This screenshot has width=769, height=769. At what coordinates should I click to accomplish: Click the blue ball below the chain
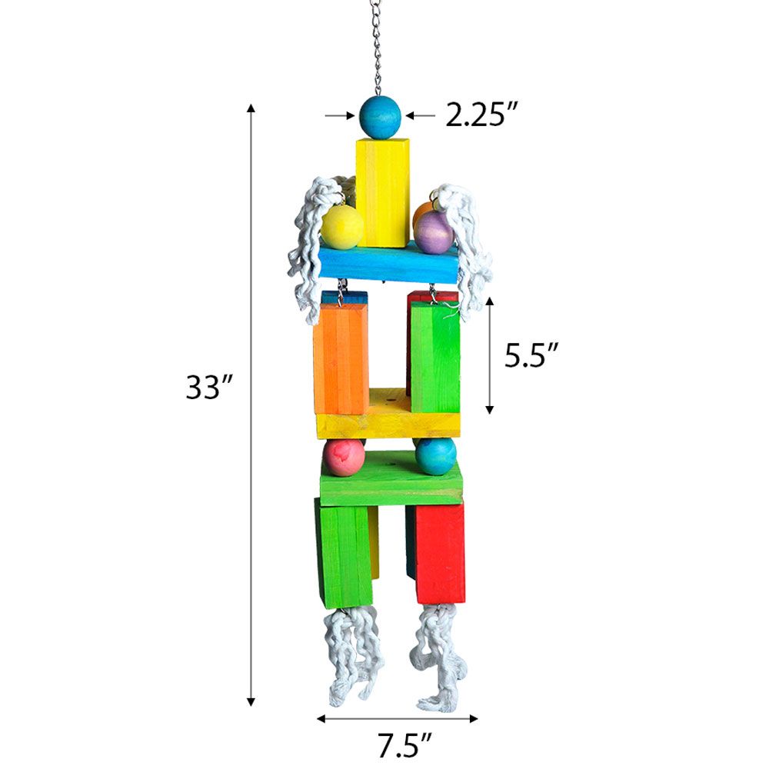380,118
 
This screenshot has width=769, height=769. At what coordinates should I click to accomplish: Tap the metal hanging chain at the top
377,46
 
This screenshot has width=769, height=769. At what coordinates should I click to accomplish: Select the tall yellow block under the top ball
381,192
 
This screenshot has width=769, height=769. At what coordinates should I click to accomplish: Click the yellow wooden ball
341,227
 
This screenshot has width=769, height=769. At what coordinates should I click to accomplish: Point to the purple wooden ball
434,232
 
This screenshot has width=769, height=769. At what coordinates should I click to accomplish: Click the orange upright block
341,358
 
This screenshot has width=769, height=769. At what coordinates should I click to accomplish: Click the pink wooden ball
343,458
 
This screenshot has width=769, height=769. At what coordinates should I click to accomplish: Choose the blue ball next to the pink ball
436,457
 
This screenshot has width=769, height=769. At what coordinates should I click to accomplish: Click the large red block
440,552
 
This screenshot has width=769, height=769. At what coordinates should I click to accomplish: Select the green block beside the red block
344,555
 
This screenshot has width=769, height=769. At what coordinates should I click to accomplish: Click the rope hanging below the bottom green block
351,654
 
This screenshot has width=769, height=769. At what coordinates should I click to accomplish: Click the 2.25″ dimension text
481,115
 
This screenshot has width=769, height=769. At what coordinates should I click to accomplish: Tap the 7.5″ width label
398,745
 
